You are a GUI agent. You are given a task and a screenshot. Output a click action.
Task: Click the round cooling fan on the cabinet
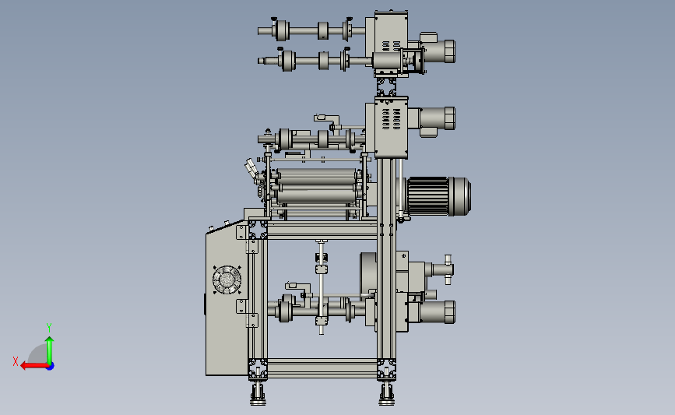pos(227,280)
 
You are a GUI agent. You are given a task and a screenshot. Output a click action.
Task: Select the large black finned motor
pos(438,196)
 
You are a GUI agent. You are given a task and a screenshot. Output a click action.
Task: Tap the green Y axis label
pos(49,328)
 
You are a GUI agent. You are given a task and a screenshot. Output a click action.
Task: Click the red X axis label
pos(16,361)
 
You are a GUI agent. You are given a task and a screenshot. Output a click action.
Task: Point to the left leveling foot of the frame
pos(258,394)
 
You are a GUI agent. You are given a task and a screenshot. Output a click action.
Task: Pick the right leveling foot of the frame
pos(387,394)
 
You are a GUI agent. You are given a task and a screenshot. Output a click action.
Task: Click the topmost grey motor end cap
pos(449,51)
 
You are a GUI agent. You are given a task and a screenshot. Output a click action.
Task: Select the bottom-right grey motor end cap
pos(449,312)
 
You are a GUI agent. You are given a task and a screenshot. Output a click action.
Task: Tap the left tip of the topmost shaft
pos(258,31)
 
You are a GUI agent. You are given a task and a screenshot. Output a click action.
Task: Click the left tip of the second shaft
pos(258,61)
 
